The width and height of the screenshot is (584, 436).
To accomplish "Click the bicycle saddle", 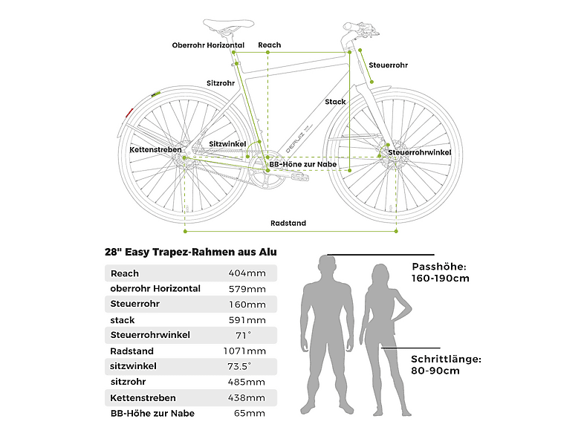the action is [228, 25].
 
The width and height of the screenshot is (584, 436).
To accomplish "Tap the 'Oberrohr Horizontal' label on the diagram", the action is [208, 45].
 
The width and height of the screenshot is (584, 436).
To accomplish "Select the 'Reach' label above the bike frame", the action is [269, 45].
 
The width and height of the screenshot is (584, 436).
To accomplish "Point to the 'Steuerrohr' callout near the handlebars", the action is [388, 65].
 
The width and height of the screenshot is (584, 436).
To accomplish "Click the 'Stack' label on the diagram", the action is [335, 102].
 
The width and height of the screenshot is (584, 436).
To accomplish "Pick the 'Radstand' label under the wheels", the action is [288, 223].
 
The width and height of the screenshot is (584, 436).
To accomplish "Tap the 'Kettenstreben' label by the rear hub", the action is [156, 150].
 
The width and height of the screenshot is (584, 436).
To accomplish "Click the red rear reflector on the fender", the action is [129, 112].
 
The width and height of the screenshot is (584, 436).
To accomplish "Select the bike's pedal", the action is [300, 176].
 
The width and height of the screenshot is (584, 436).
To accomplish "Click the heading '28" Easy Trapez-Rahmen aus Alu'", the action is [191, 252].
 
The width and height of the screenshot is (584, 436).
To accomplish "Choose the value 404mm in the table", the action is [247, 273].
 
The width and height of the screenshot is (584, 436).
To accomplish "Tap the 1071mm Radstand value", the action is [244, 351].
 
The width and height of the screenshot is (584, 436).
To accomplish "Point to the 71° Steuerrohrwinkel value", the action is [244, 336].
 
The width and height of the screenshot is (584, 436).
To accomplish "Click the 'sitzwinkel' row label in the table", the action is [133, 366].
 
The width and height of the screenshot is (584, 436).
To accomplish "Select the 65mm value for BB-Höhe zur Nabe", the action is [250, 413].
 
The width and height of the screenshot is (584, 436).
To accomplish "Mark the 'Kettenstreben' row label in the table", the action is [143, 398].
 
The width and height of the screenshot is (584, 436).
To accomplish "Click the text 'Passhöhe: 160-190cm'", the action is [441, 273].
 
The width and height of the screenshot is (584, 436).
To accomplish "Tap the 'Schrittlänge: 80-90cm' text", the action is [446, 365].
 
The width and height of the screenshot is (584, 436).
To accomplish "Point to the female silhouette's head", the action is [380, 275].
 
